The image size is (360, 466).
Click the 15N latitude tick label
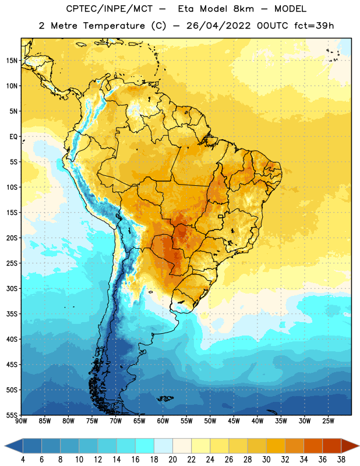pos(12,61)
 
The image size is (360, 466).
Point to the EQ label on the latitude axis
pos(13,137)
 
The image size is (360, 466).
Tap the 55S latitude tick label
pos(12,415)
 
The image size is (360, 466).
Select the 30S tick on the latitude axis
pos(12,288)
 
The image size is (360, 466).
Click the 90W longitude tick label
pos(21,421)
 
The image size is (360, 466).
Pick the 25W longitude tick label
pos(328,421)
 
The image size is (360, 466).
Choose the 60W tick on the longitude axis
pos(163,421)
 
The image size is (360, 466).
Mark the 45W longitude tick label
pos(234,421)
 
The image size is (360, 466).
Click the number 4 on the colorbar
pos(23,460)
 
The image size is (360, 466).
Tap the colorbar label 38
pos(341,460)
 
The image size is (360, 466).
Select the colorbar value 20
pos(172,460)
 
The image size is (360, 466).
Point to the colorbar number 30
pos(266,460)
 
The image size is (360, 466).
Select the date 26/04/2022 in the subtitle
pos(218,26)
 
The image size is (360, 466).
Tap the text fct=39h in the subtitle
pos(314,26)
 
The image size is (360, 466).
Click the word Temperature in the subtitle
pos(114,26)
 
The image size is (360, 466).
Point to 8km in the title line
pos(243,9)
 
